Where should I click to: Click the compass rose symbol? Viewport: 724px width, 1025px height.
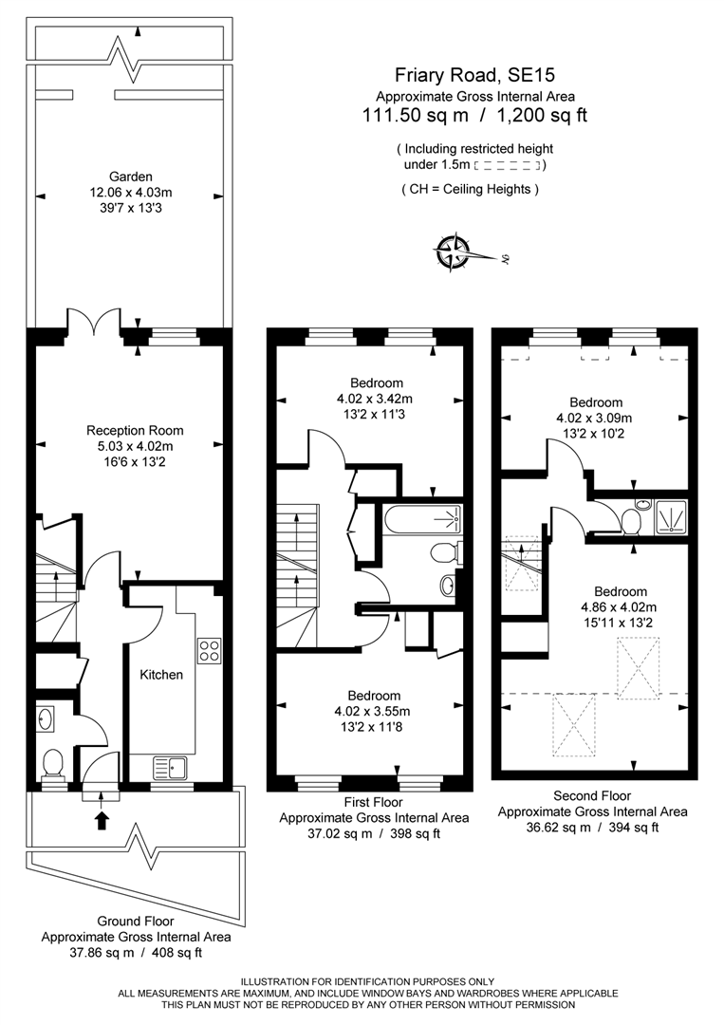click(x=454, y=252)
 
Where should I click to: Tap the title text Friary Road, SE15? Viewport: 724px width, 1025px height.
click(x=474, y=75)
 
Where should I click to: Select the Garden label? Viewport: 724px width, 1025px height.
click(x=130, y=177)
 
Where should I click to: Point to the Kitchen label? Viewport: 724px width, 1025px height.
click(x=161, y=675)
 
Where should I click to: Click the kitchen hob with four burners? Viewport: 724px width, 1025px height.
click(x=208, y=651)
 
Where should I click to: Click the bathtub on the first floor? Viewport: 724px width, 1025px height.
click(x=422, y=519)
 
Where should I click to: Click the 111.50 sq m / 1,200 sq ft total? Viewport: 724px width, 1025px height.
click(x=474, y=117)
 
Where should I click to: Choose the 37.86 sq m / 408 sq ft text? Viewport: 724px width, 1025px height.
click(x=136, y=952)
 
